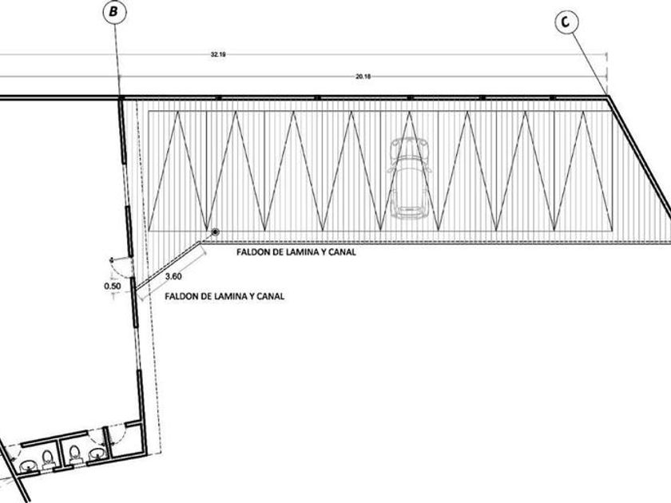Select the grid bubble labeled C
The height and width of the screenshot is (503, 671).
tap(566, 23)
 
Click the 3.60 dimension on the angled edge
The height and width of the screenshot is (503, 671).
tap(174, 277)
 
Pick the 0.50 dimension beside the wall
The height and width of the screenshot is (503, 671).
tap(113, 285)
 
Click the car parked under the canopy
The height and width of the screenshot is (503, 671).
tap(408, 177)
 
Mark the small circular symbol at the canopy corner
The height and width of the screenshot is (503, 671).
tap(215, 232)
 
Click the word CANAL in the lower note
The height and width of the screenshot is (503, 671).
tap(271, 296)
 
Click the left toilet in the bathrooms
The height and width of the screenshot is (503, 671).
tap(46, 458)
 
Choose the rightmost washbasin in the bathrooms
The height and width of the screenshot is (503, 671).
tap(98, 453)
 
